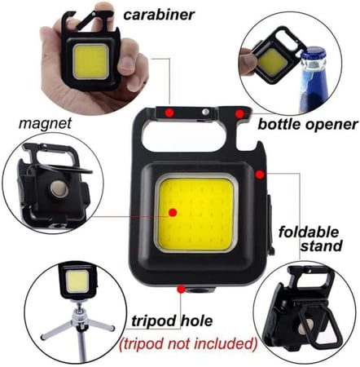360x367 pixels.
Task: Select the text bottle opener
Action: pyautogui.click(x=308, y=125)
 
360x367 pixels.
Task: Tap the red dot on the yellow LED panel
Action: pyautogui.click(x=173, y=212)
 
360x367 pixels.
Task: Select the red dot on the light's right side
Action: pyautogui.click(x=258, y=173)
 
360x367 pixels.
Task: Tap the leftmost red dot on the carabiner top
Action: pyautogui.click(x=169, y=111)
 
